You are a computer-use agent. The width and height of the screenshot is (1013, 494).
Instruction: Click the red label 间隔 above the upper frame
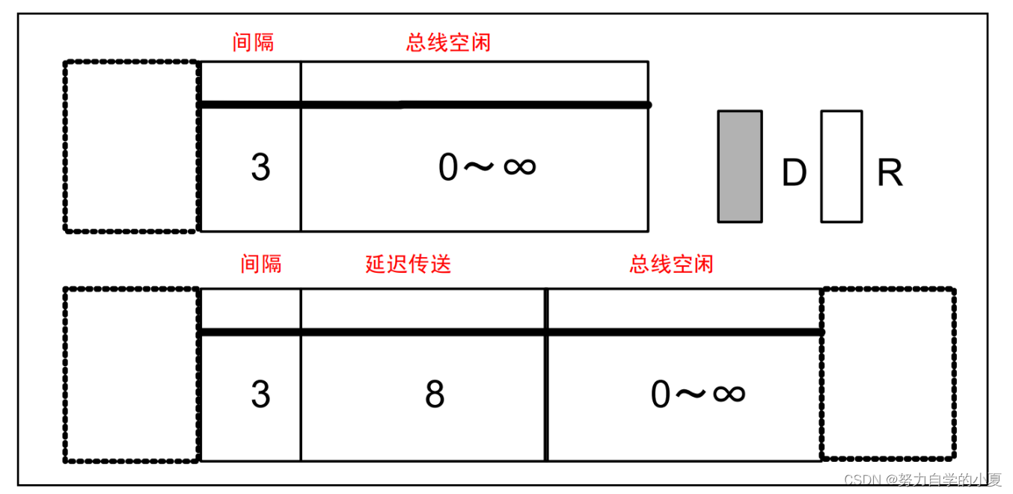(x=253, y=43)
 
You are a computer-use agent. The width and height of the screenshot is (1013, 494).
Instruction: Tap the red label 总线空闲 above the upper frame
(x=448, y=43)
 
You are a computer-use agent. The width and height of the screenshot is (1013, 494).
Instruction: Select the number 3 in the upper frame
(x=260, y=167)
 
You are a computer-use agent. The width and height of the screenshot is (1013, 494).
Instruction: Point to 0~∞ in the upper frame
(x=487, y=167)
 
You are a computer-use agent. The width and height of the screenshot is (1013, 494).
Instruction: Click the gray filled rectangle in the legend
(x=740, y=167)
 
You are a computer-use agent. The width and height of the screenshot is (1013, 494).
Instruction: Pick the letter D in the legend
(x=794, y=173)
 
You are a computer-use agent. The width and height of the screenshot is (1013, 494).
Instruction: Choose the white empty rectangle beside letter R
(x=841, y=167)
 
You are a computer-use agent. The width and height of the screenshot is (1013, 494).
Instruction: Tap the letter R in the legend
(x=890, y=173)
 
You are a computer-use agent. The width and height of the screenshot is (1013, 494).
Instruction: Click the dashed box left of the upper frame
(x=132, y=146)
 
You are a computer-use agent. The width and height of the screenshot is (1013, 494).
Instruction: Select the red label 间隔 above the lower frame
(x=261, y=264)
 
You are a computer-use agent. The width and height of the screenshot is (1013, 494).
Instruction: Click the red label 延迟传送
(x=408, y=264)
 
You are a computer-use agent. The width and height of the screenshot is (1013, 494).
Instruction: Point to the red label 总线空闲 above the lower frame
(x=671, y=264)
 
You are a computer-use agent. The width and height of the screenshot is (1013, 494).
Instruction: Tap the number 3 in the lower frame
(x=260, y=394)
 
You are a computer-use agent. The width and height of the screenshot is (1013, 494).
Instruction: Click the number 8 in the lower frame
(x=435, y=394)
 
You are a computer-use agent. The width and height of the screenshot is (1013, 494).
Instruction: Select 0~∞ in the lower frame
(x=698, y=394)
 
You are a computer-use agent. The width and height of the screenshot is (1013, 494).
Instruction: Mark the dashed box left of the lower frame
(x=132, y=374)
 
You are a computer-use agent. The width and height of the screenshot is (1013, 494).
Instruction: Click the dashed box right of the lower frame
(x=888, y=373)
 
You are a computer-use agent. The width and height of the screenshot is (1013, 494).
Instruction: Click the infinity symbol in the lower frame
(x=729, y=392)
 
